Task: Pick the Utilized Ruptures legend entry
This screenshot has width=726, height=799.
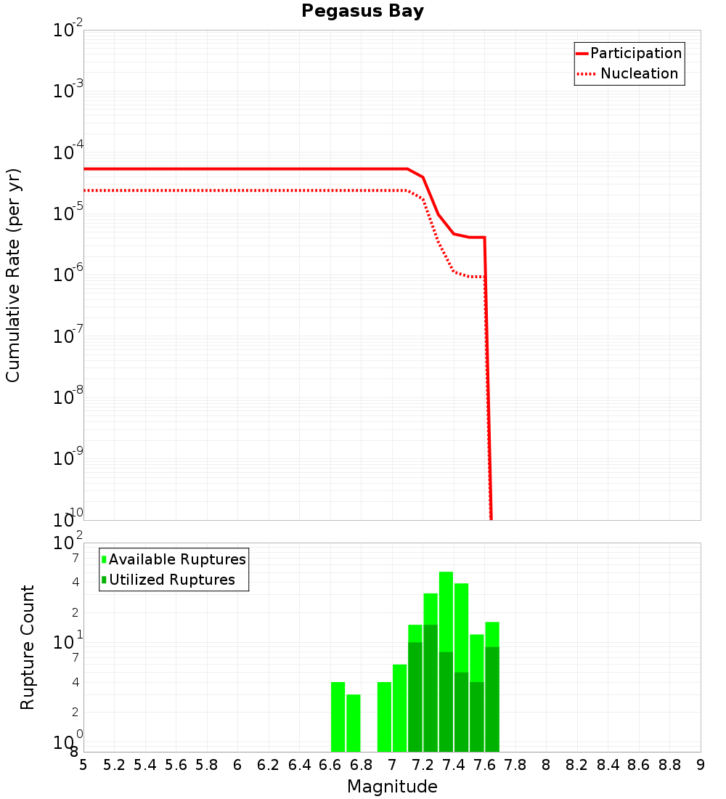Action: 171,580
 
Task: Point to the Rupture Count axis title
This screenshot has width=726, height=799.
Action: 28,647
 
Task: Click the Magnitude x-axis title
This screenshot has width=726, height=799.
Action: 392,787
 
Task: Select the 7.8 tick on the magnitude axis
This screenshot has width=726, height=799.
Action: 515,765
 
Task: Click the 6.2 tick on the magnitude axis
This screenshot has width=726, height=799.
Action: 269,765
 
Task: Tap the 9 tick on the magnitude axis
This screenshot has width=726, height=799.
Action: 701,765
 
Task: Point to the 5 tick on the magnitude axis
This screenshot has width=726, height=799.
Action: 83,765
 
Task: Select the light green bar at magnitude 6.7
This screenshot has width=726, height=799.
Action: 354,723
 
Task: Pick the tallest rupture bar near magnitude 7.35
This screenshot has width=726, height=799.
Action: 446,661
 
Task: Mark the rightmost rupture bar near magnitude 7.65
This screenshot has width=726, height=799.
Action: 492,686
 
